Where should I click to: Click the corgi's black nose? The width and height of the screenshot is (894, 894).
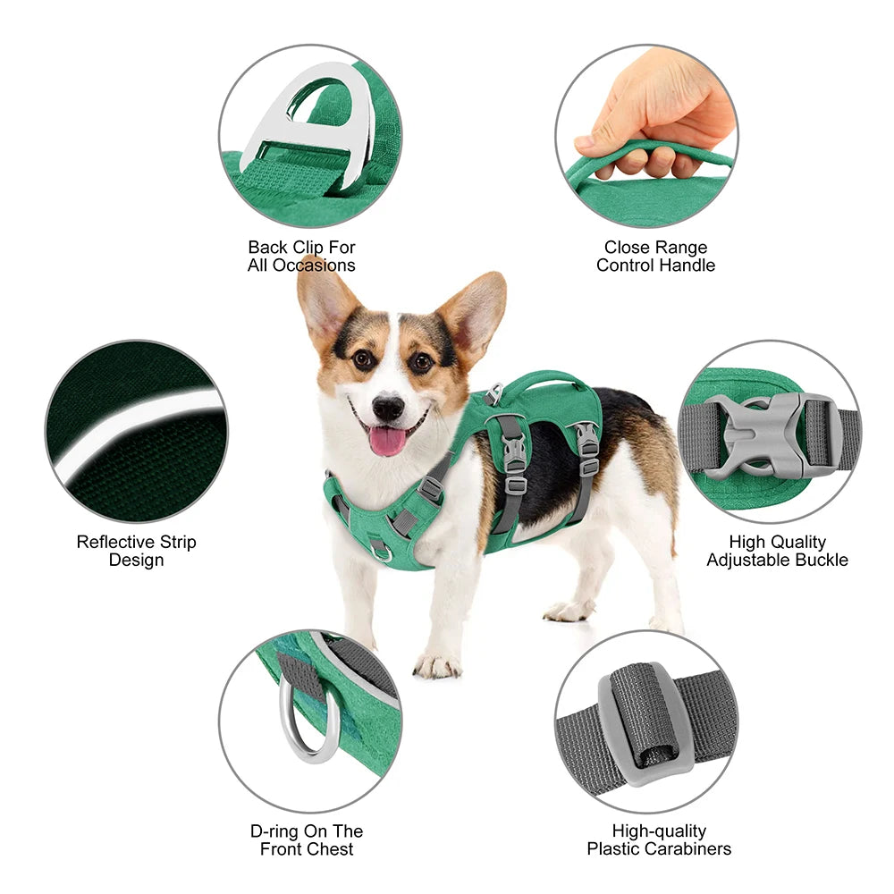388,409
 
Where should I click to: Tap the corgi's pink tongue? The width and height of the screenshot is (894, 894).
388,441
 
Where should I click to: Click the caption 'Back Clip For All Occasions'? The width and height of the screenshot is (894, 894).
301,257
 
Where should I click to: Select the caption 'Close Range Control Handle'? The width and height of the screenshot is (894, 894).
655,257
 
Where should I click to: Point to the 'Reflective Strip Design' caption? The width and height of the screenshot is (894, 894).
136,551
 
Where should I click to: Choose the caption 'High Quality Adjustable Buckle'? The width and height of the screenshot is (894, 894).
777,551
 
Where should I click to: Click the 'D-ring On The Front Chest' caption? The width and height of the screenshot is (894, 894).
307,840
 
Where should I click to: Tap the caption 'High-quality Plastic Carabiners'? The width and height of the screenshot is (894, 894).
659,840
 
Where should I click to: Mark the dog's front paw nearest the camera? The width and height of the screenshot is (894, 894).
437,664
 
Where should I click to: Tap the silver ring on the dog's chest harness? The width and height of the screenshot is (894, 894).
381,550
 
